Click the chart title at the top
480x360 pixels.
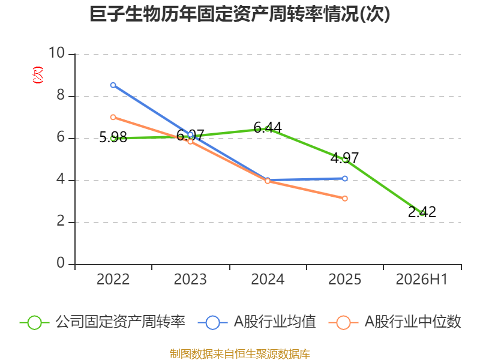[239, 14]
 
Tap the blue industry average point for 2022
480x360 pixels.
[113, 85]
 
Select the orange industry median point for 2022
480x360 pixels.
[113, 117]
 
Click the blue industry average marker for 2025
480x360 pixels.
[344, 178]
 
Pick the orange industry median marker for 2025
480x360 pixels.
[344, 199]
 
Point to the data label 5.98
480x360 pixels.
[113, 137]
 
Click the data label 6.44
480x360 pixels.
[268, 127]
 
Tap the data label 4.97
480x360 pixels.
[344, 158]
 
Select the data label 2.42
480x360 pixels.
[422, 212]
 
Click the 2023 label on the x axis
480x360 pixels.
[190, 279]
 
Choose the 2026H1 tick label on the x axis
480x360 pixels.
[422, 279]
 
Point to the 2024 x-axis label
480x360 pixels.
[268, 279]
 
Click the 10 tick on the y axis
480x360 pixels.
[56, 53]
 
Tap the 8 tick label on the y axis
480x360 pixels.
[61, 95]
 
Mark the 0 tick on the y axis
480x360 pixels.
[61, 263]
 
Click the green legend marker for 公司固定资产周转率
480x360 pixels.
[34, 323]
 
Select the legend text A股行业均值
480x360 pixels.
[275, 322]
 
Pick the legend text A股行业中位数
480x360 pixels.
[413, 322]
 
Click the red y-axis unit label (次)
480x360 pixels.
[38, 75]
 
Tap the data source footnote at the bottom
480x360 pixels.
[240, 354]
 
